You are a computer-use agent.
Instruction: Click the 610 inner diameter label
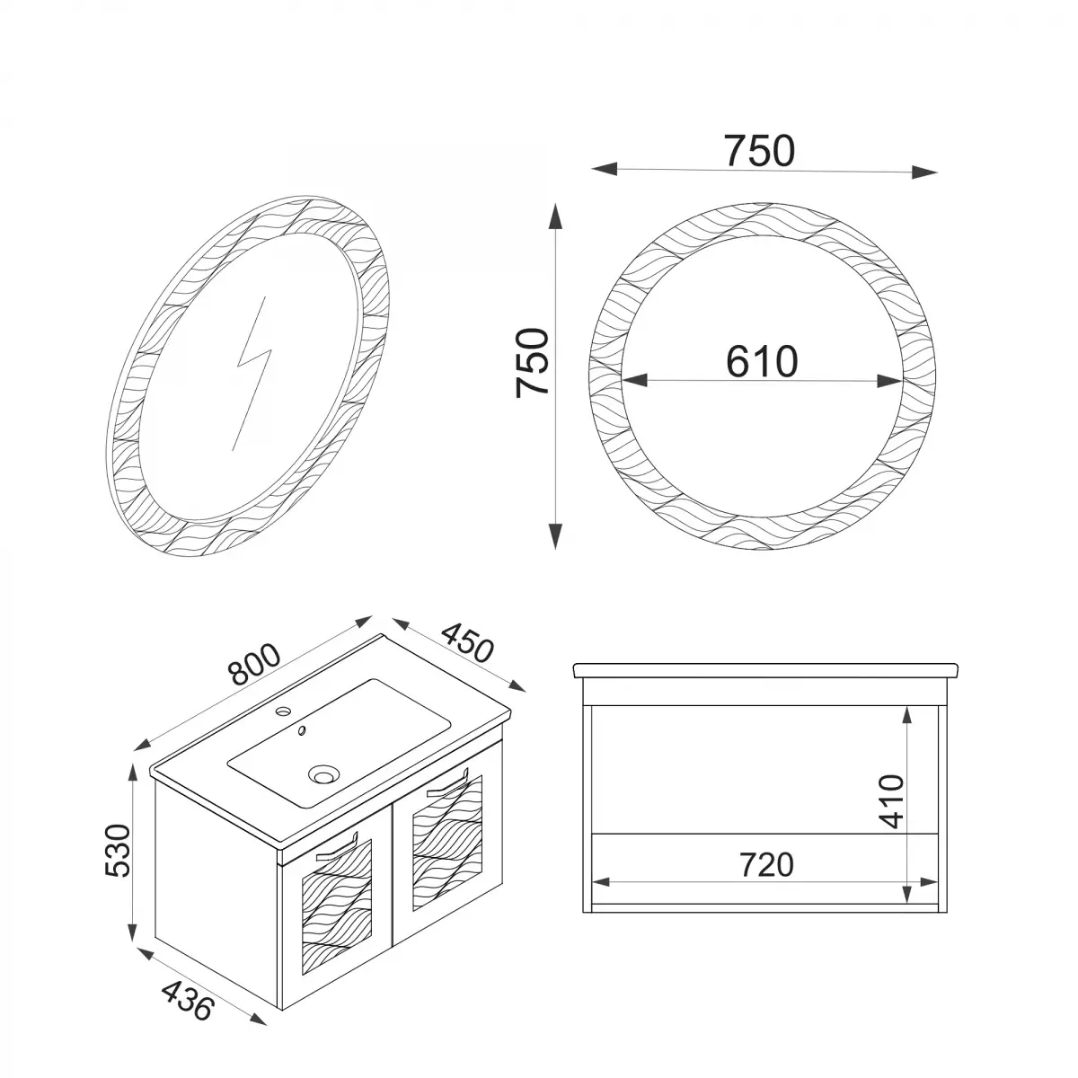point(762,361)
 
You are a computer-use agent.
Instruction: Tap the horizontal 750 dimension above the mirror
point(759,151)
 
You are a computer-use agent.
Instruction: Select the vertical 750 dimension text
point(532,363)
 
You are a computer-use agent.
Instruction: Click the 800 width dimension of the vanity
point(254,665)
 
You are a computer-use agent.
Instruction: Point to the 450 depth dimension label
point(468,642)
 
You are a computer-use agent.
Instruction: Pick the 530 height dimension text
point(118,850)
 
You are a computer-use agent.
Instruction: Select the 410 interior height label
point(891,801)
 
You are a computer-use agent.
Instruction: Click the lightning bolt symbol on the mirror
point(252,373)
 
